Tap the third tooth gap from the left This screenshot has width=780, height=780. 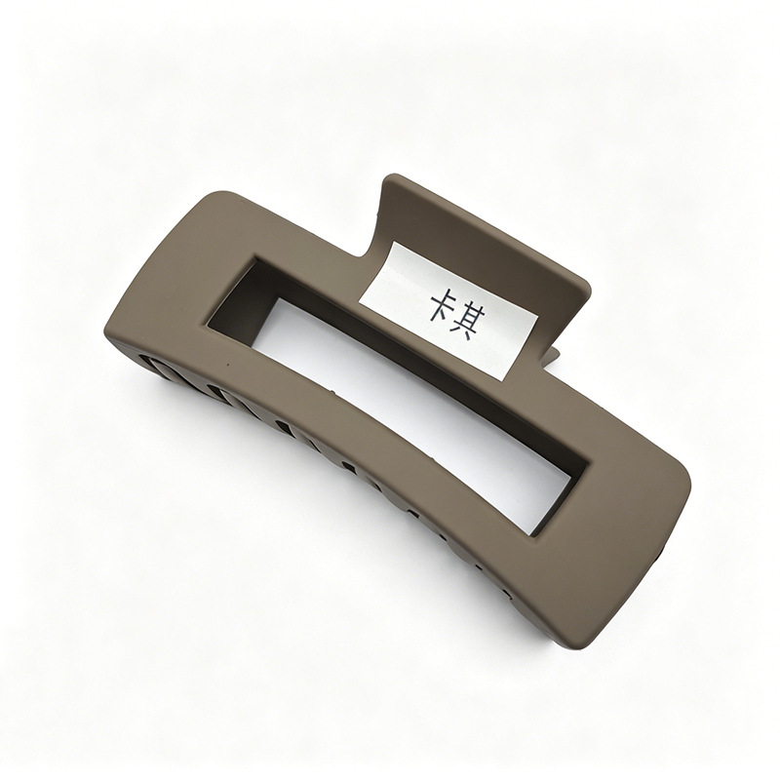[285, 428]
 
